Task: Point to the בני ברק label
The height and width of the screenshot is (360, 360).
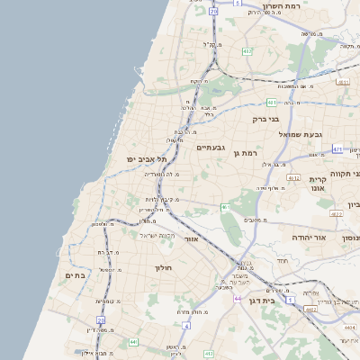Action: click(265, 118)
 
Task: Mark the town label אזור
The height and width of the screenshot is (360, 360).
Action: click(190, 239)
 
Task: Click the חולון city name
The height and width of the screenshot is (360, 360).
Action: click(163, 268)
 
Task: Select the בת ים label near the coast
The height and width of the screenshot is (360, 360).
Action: click(75, 275)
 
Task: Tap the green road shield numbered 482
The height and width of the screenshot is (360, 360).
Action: click(247, 51)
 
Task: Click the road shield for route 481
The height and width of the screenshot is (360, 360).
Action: click(271, 103)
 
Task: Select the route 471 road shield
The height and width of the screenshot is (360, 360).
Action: click(337, 149)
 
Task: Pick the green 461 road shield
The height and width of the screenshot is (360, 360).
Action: click(225, 207)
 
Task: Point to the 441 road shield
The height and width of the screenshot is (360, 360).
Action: click(133, 342)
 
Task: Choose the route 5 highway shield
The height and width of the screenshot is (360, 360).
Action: click(236, 4)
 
